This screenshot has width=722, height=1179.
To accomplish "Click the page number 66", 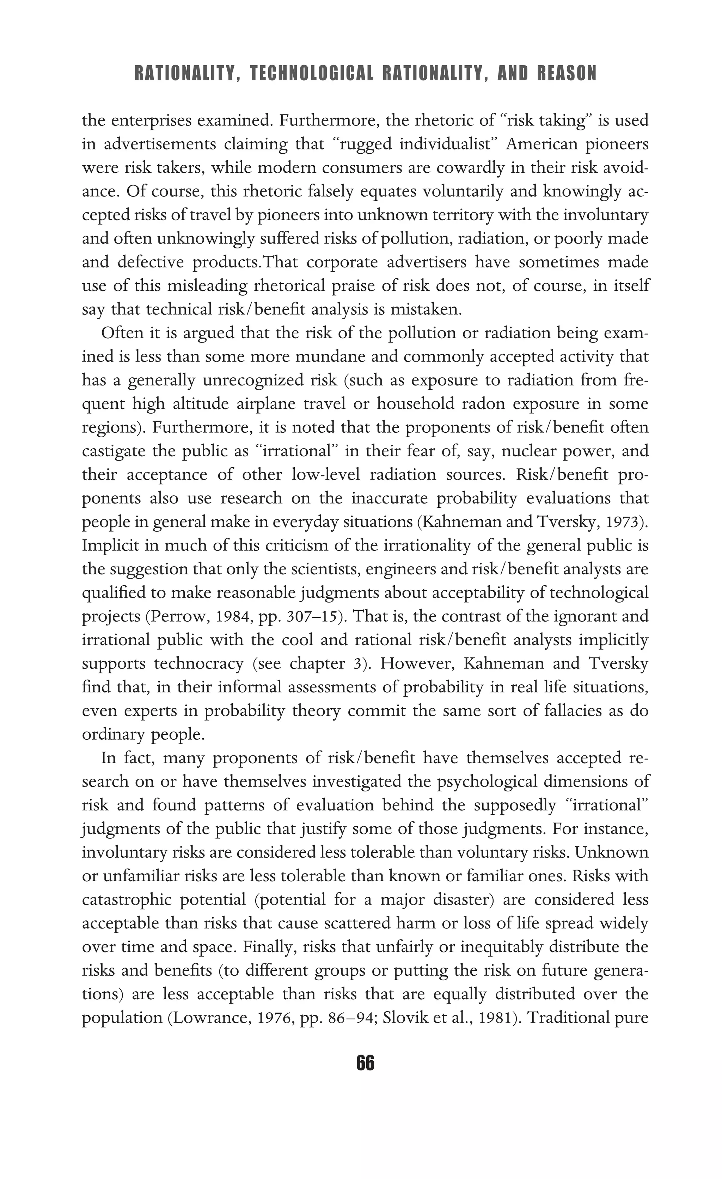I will click(x=365, y=1063).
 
